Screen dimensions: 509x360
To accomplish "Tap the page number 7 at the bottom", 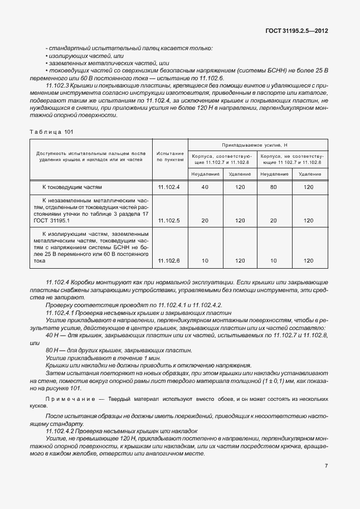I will (x=325, y=465).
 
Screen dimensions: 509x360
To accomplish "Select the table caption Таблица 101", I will (x=51, y=132).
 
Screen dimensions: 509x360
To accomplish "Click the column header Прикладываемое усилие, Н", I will (x=258, y=144).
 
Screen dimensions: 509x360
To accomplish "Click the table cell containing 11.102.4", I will (x=169, y=187).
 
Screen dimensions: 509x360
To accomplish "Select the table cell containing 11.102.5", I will (x=169, y=221).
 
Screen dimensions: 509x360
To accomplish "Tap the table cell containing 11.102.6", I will (x=169, y=260).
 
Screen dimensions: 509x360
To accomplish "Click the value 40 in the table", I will (x=205, y=187).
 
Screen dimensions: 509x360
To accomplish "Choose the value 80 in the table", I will (x=274, y=187).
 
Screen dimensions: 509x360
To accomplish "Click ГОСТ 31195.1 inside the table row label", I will (x=51, y=221).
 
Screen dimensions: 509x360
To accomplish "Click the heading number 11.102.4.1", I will (x=62, y=313).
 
